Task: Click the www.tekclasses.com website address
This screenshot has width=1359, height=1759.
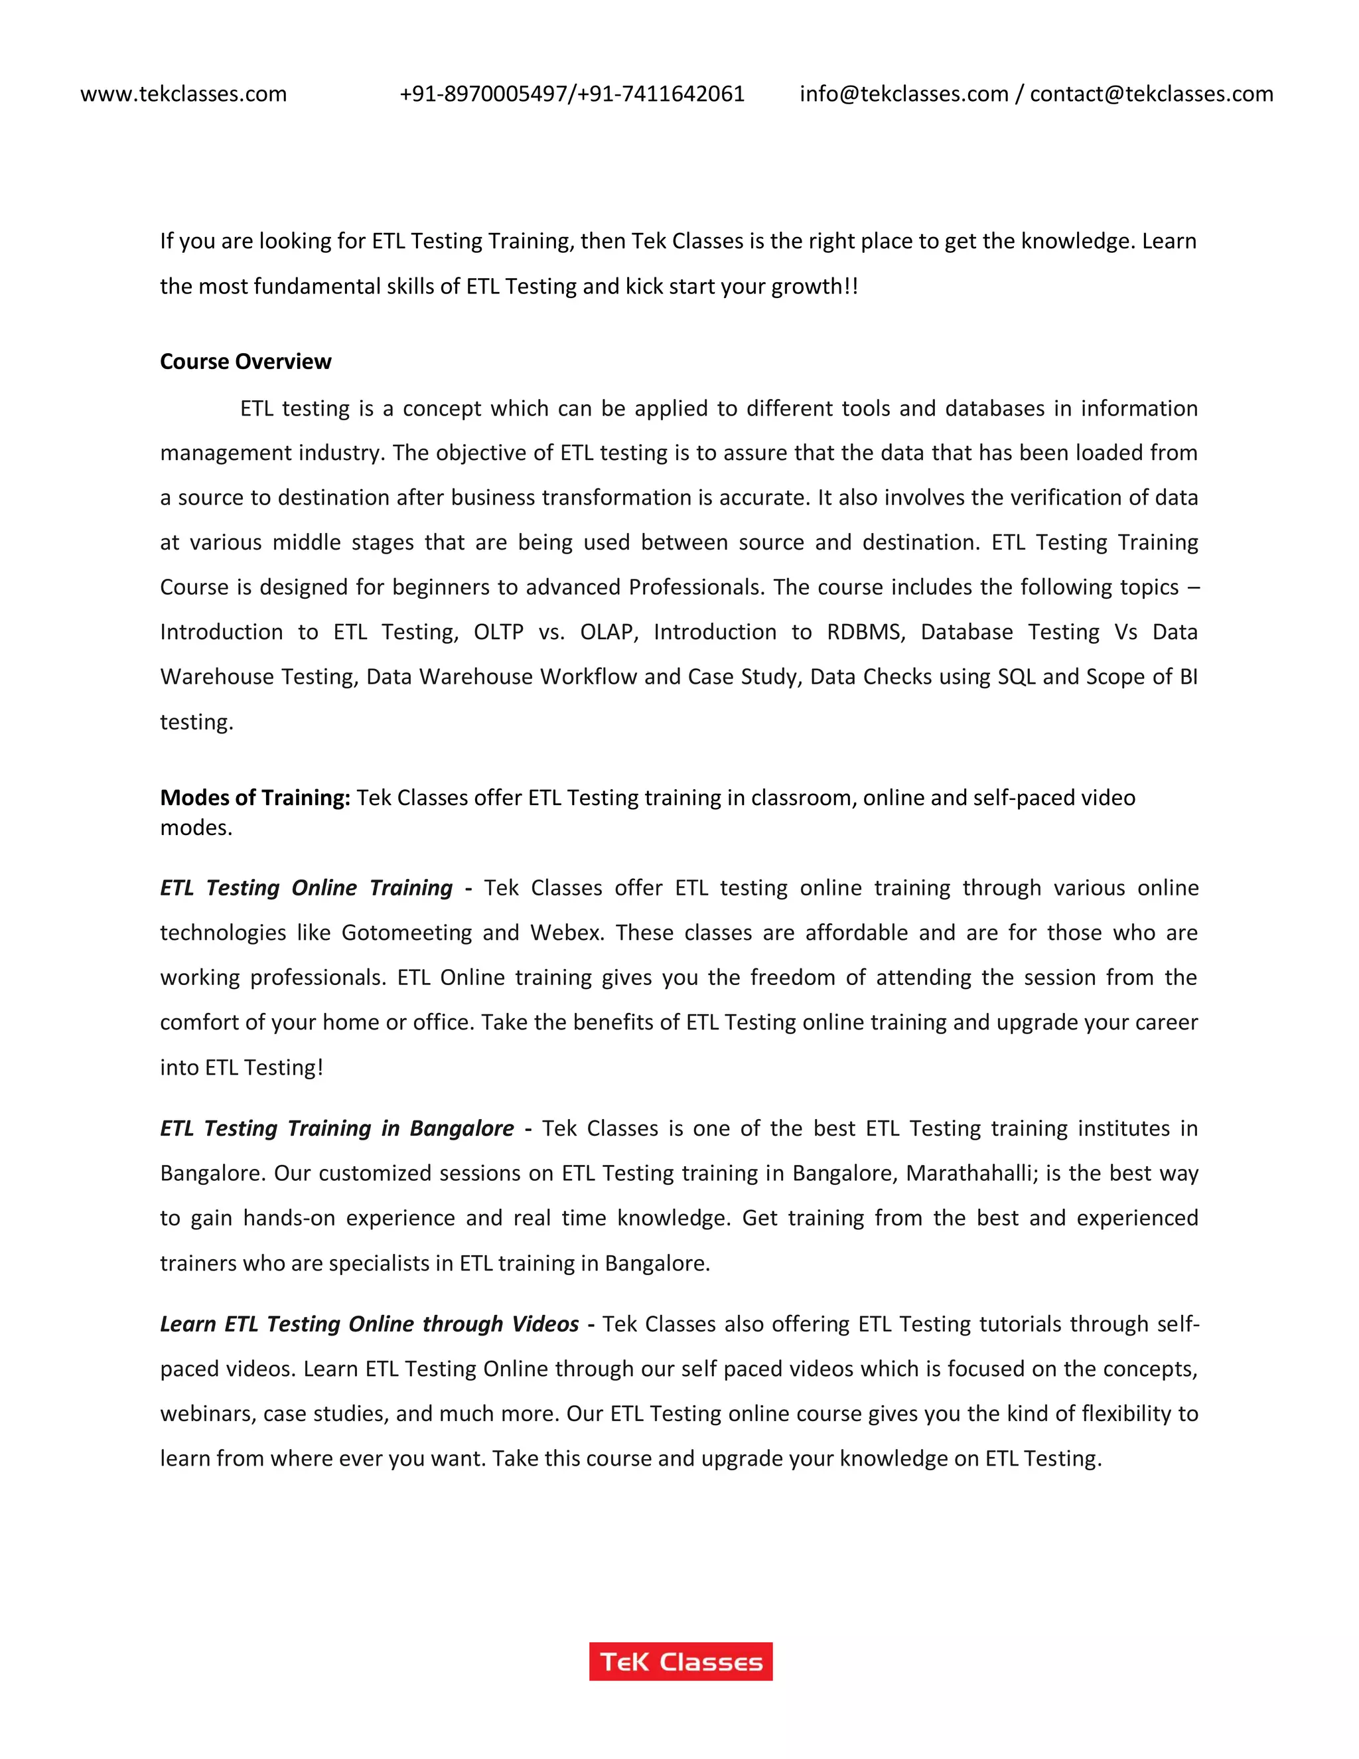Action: pos(184,94)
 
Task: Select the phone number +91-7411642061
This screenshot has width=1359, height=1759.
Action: pos(661,94)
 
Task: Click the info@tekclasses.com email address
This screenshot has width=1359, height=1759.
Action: pos(903,94)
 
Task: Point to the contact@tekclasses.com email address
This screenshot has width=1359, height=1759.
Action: pos(1151,94)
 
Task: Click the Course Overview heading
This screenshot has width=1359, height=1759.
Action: pos(246,362)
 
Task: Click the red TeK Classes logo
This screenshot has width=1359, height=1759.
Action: pos(680,1661)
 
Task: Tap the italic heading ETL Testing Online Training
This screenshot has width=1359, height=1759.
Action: pos(306,887)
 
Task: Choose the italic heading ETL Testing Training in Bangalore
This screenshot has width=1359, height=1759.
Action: pos(336,1128)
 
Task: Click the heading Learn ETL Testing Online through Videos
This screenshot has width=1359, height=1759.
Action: pos(370,1324)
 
